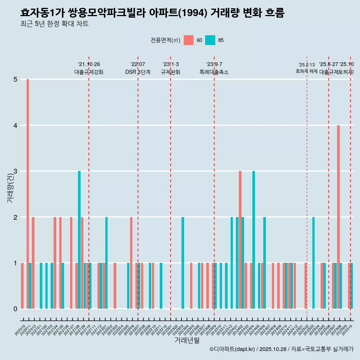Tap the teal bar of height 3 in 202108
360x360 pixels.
[x=79, y=240]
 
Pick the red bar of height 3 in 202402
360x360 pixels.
[x=240, y=240]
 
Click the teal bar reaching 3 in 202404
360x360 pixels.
[x=254, y=240]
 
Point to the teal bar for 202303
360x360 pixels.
[x=183, y=263]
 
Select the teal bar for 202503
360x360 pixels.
[x=313, y=263]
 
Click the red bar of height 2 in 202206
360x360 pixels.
[x=131, y=263]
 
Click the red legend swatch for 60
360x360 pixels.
[x=189, y=40]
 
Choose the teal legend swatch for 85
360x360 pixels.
[x=210, y=40]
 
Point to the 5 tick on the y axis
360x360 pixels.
[x=16, y=79]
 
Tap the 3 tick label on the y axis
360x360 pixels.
[x=16, y=171]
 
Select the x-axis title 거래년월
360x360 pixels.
[x=187, y=340]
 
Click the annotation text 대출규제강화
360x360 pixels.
[x=89, y=72]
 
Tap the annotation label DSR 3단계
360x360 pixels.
[x=138, y=72]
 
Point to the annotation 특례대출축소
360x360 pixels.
[x=214, y=72]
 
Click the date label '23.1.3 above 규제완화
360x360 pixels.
[x=171, y=64]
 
